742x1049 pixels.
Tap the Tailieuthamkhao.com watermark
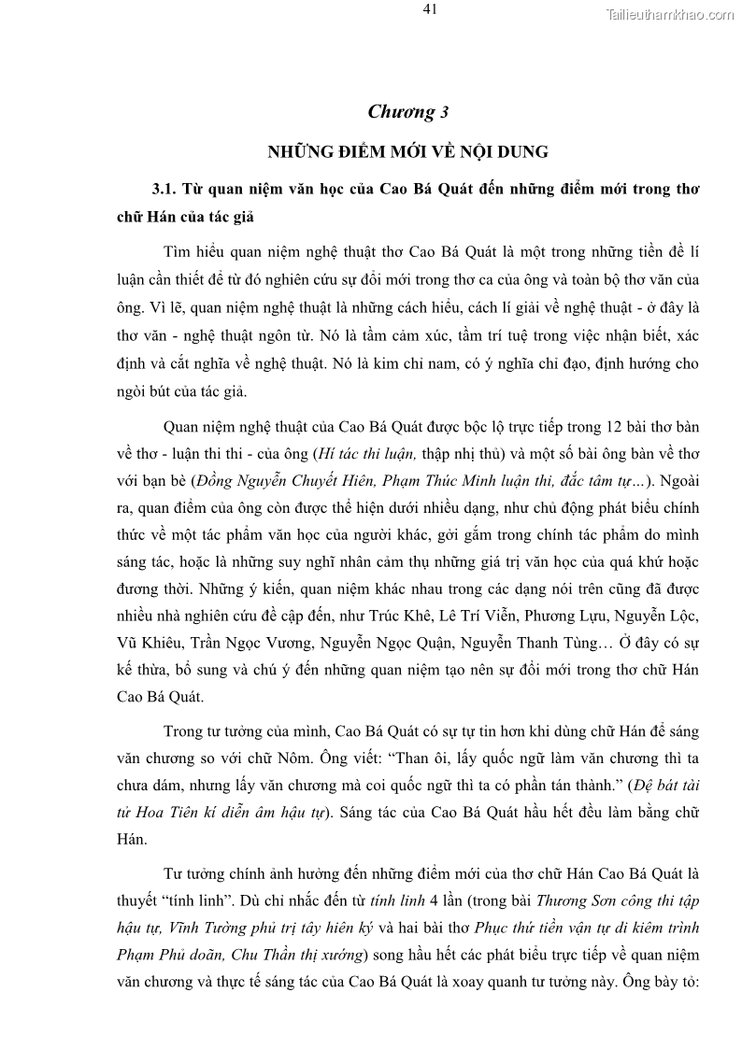click(670, 13)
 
